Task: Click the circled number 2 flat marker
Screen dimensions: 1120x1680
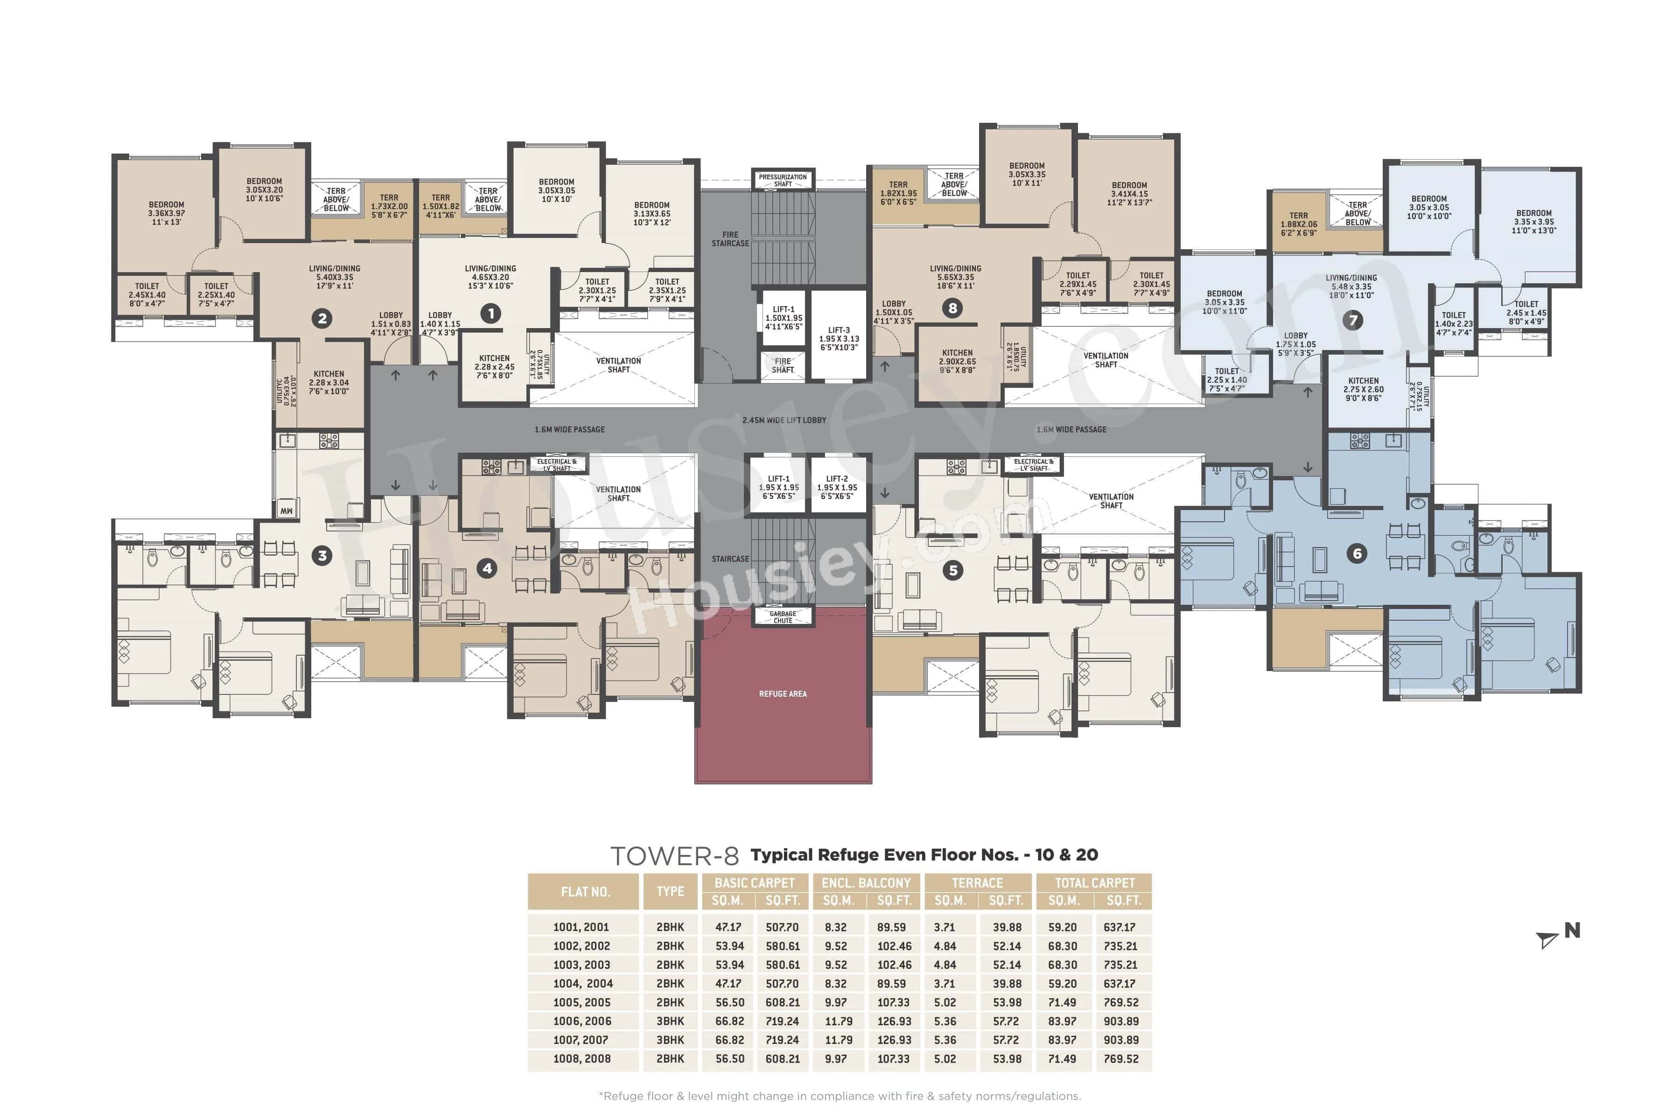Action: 322,319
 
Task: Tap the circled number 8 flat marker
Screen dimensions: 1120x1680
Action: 952,308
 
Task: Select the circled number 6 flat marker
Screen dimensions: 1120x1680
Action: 1357,553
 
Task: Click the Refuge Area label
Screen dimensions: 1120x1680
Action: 783,693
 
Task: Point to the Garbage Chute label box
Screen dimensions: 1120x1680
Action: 783,617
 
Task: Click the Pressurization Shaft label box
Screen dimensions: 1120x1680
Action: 783,180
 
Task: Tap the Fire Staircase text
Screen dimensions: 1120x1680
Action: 730,238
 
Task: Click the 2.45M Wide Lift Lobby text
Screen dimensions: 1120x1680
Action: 784,420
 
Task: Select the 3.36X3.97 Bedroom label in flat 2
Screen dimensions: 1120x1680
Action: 167,213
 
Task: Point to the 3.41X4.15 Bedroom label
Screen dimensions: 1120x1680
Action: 1129,194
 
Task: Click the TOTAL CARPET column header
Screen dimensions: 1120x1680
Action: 1094,883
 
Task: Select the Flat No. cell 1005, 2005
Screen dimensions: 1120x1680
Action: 582,1002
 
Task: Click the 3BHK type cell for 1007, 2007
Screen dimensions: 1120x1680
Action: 670,1040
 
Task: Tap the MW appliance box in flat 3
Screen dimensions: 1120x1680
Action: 287,511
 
